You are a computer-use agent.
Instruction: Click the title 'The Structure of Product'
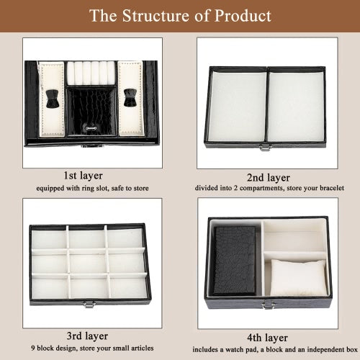180,16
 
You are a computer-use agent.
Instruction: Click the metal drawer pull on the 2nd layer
266,148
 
